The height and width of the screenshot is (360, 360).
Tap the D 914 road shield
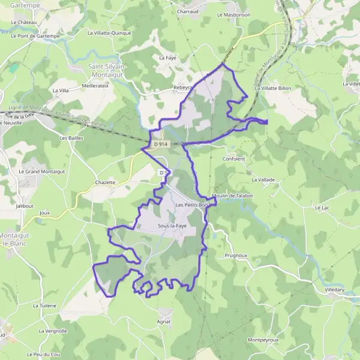click(160, 144)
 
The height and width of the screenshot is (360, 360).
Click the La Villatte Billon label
click(272, 88)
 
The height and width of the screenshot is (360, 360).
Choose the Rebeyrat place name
click(183, 87)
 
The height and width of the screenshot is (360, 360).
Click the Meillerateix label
click(95, 86)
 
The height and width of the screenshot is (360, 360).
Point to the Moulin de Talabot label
click(232, 196)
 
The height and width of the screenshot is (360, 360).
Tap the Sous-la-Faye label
click(171, 226)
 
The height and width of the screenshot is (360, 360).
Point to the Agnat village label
click(164, 322)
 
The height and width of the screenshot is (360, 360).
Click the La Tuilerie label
click(44, 305)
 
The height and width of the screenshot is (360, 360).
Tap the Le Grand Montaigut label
click(41, 171)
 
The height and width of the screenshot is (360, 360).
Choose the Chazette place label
click(105, 182)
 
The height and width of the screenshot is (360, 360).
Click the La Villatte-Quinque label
click(109, 34)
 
